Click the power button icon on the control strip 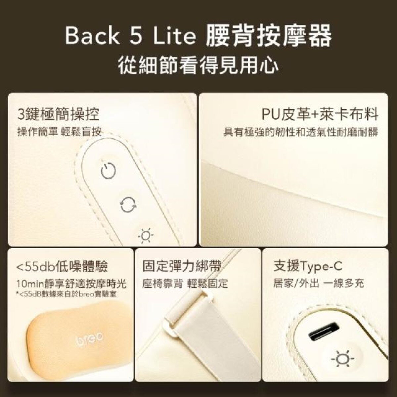109,171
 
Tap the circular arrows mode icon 128,205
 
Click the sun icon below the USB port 342,359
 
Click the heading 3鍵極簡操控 58,114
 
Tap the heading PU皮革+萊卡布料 320,114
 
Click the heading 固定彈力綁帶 182,267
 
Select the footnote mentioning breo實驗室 66,294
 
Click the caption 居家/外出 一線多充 319,284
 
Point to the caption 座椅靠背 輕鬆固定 185,284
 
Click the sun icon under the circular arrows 146,235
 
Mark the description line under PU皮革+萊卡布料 301,132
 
